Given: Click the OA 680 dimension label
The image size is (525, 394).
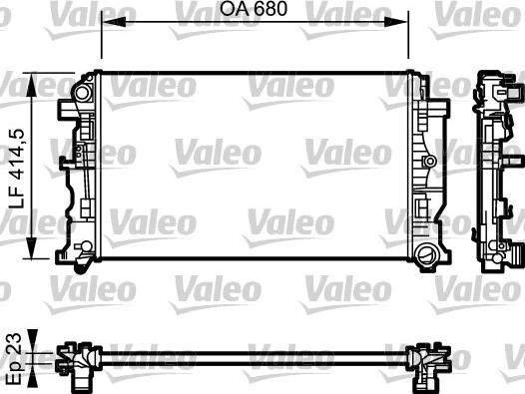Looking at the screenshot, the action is (x=254, y=9).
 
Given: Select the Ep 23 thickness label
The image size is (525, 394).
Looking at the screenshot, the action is (x=14, y=359).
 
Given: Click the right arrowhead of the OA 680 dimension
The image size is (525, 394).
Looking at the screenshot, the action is (x=396, y=22).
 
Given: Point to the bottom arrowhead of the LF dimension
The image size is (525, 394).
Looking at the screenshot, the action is (x=32, y=247).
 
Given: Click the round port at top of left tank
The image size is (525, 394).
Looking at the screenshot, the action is (x=83, y=94).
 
